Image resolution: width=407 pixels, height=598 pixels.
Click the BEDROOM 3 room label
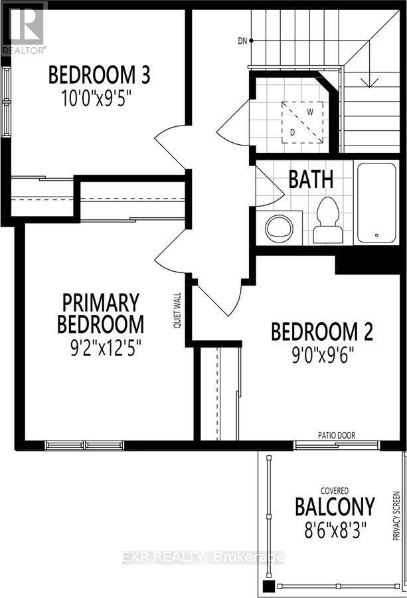99,75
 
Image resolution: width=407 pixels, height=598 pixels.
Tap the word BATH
311,179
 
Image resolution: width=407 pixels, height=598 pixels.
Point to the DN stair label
242,41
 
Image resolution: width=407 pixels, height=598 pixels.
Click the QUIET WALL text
178,312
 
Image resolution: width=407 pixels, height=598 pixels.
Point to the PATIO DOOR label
337,435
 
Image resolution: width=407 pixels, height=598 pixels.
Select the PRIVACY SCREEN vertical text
396,516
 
